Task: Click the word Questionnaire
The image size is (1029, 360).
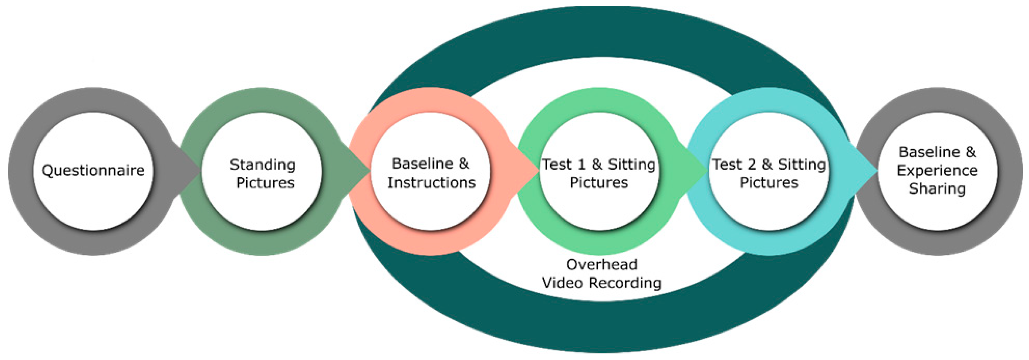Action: (x=93, y=171)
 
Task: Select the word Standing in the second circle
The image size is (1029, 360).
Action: (x=262, y=164)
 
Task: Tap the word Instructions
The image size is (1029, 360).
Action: (x=431, y=182)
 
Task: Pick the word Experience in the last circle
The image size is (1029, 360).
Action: (x=937, y=171)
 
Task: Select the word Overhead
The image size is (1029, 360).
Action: (x=602, y=264)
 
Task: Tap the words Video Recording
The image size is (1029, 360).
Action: (x=602, y=283)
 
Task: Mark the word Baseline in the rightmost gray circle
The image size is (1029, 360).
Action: (x=929, y=152)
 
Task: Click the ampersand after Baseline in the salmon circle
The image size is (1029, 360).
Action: (x=464, y=164)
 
